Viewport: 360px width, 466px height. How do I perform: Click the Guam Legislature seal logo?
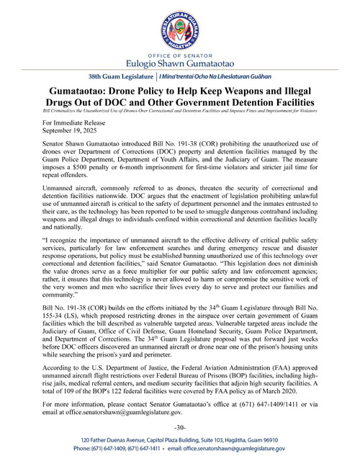coord(179,27)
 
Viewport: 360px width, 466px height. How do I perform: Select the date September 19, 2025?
coord(73,133)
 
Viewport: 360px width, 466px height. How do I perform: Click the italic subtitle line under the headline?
coord(179,112)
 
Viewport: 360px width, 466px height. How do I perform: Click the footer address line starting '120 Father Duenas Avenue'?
coord(179,439)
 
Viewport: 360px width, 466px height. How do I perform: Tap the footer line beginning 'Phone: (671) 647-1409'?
coord(179,448)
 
